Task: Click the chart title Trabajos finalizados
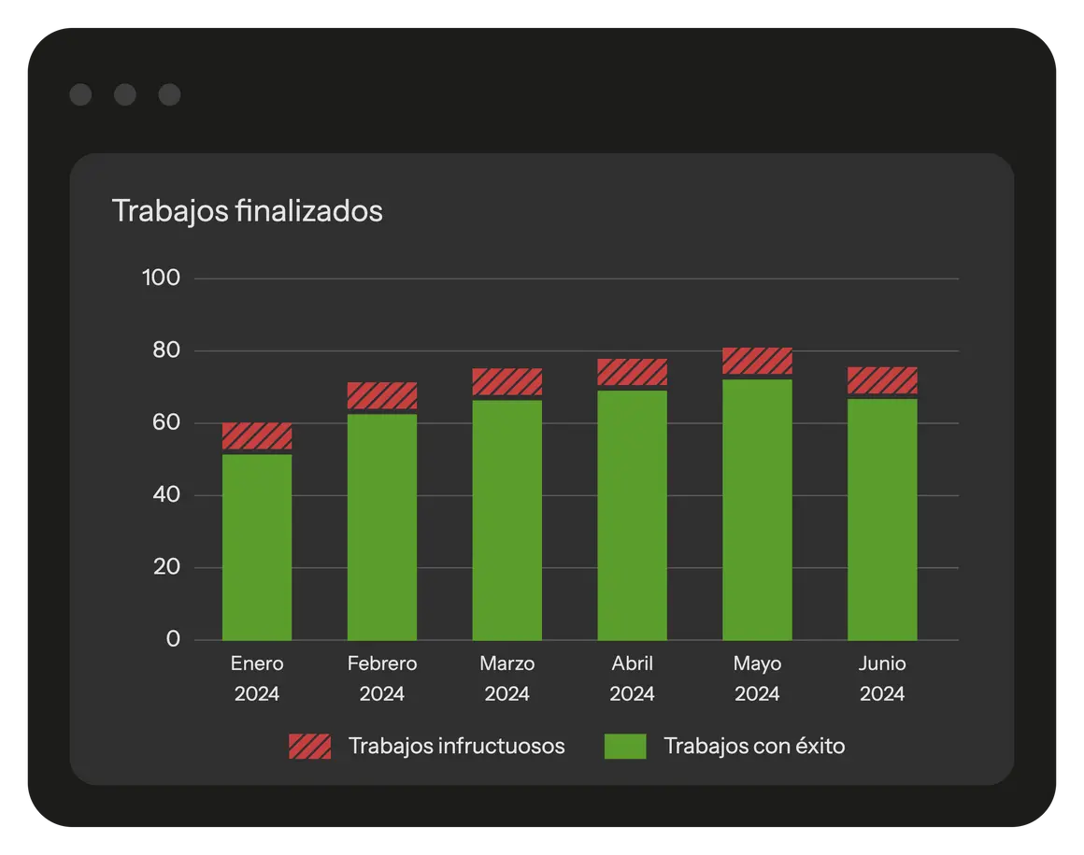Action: click(247, 211)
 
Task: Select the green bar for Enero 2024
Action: click(257, 547)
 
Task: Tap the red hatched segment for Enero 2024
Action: click(257, 435)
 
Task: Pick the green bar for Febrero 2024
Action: click(382, 527)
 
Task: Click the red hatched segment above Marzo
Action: click(507, 381)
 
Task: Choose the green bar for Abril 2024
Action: click(633, 515)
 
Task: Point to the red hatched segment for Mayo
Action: click(758, 361)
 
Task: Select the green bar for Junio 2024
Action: click(882, 520)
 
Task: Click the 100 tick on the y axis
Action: click(160, 278)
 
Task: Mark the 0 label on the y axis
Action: click(173, 639)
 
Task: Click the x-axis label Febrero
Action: click(382, 663)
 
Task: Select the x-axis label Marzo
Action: click(507, 663)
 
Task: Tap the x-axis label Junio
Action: click(882, 663)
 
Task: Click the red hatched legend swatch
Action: click(309, 746)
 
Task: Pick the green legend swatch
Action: click(625, 746)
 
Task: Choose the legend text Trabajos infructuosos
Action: click(456, 746)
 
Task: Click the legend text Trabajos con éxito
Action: click(754, 746)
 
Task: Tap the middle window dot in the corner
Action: click(124, 94)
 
